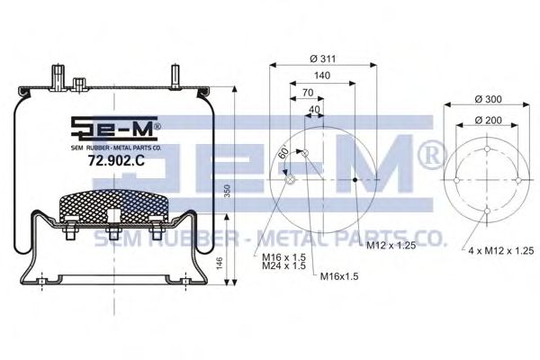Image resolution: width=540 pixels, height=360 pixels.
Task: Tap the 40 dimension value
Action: click(x=313, y=110)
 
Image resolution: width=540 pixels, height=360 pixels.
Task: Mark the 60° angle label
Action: click(x=282, y=154)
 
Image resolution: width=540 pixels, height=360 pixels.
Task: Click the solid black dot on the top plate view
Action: click(x=355, y=180)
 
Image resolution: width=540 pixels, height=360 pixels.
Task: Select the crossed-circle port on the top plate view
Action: click(x=289, y=180)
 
